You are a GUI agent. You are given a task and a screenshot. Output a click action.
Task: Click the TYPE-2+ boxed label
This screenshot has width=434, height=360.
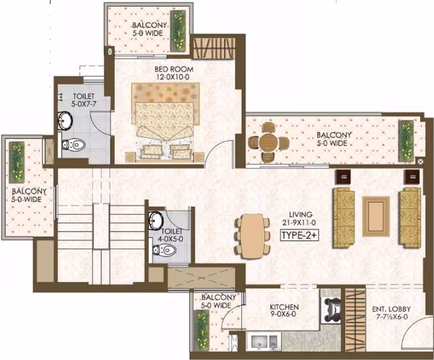pyautogui.click(x=299, y=235)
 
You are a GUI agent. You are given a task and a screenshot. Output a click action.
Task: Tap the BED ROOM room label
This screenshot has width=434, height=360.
pyautogui.click(x=174, y=69)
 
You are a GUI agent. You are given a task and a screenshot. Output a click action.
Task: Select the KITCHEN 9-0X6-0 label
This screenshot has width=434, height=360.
pyautogui.click(x=284, y=311)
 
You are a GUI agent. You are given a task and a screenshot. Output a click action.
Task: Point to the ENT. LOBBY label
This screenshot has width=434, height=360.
pyautogui.click(x=391, y=309)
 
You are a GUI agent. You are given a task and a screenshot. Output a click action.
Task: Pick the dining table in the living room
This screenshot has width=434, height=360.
pyautogui.click(x=252, y=236)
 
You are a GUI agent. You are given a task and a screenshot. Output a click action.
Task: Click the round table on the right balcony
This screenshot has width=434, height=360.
pyautogui.click(x=268, y=143)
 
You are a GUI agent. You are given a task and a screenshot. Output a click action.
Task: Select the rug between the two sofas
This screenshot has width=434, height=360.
pyautogui.click(x=376, y=216)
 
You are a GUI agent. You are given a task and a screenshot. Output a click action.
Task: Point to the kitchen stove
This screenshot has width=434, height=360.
pyautogui.click(x=331, y=307)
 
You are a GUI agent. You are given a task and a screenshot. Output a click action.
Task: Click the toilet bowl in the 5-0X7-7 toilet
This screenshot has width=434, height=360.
pyautogui.click(x=74, y=145)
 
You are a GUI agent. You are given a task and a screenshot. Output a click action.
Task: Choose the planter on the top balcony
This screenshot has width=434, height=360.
pyautogui.click(x=178, y=31)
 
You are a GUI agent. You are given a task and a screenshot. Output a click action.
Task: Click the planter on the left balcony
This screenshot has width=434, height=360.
pyautogui.click(x=17, y=162)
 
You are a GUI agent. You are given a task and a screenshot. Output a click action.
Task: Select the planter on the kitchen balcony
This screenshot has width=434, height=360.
pyautogui.click(x=202, y=330)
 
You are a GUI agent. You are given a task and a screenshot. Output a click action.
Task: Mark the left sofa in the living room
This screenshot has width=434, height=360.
pyautogui.click(x=344, y=217)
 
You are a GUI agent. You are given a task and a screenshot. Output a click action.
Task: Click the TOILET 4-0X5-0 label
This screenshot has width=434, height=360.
pyautogui.click(x=172, y=235)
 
